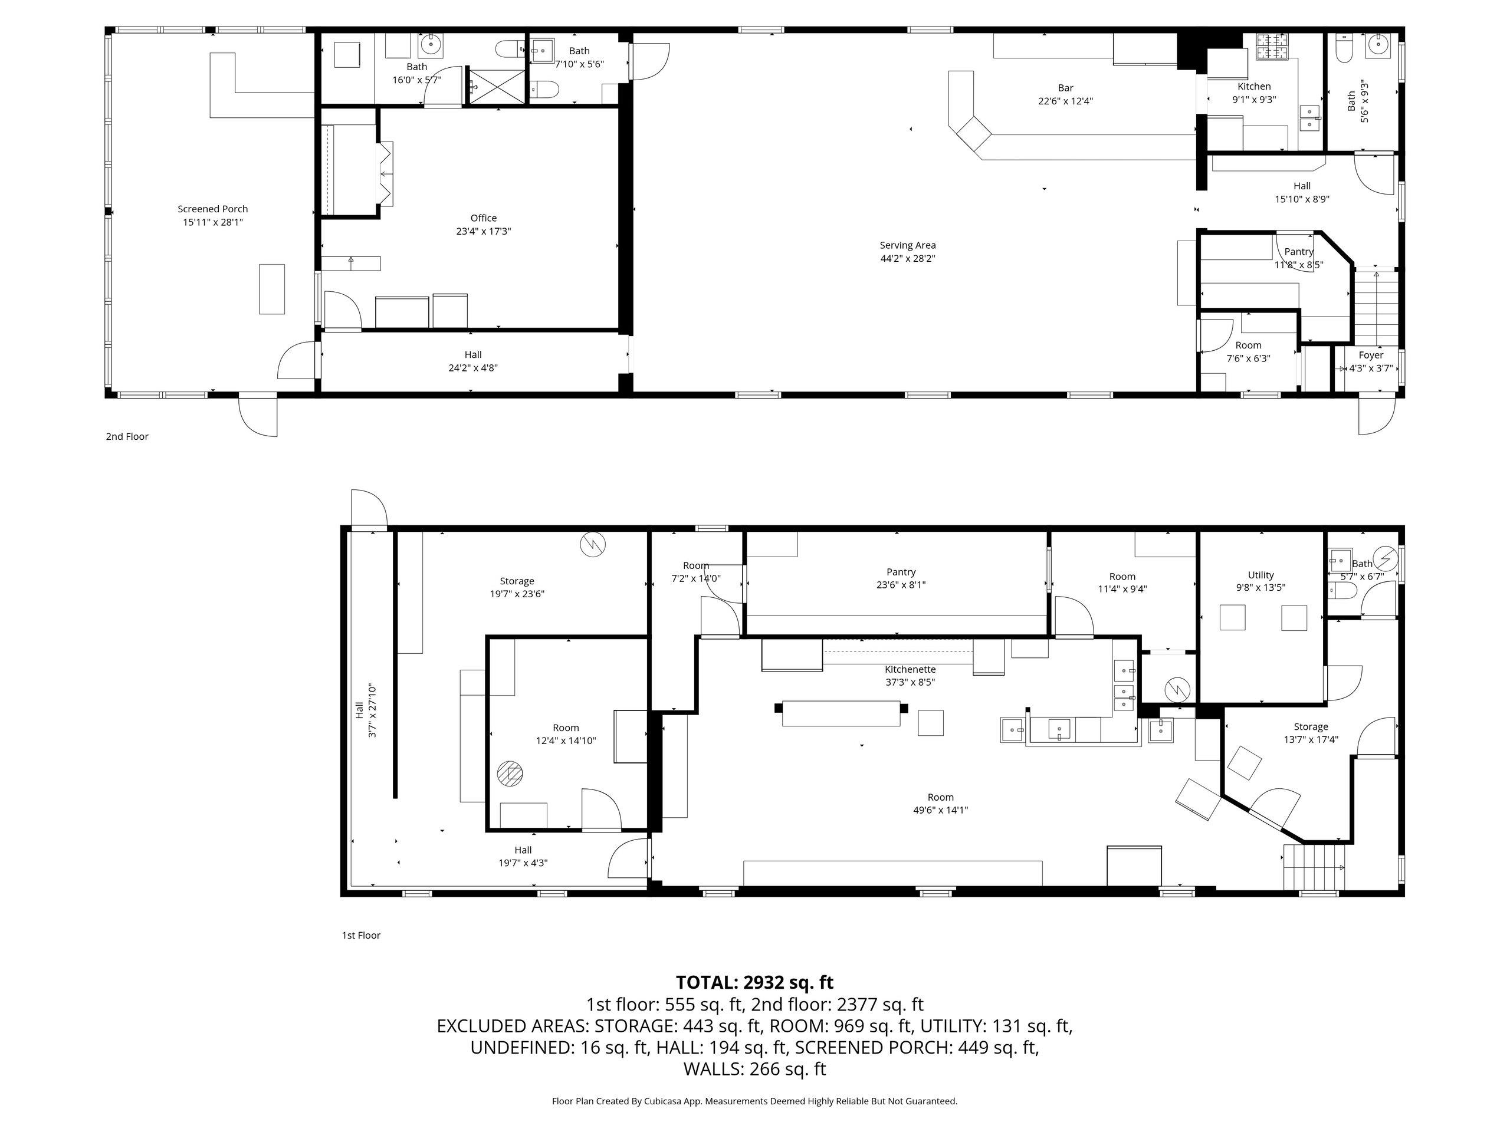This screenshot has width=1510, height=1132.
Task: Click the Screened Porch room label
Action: click(x=212, y=209)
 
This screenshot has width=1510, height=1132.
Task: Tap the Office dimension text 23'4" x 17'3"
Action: click(x=483, y=231)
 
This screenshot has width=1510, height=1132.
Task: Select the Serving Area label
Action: click(x=907, y=245)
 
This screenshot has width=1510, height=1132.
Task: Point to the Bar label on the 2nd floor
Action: click(x=1065, y=87)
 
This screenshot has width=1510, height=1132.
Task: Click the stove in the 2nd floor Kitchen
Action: click(x=1272, y=47)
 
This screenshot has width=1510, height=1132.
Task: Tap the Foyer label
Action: click(x=1371, y=355)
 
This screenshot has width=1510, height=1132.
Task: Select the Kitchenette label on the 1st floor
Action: click(x=910, y=669)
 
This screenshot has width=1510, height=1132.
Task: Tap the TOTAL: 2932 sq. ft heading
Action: click(x=754, y=983)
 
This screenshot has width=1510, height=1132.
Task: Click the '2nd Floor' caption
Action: click(x=127, y=436)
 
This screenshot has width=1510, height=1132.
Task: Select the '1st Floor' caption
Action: click(x=361, y=935)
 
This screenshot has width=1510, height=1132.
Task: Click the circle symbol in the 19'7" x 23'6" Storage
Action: click(x=593, y=545)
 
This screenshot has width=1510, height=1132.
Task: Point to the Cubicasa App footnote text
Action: click(x=754, y=1101)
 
